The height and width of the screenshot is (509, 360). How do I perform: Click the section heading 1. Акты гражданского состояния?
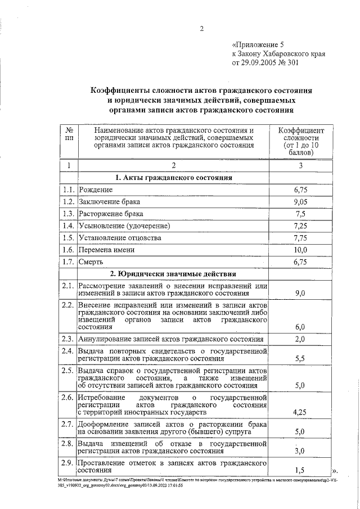(173, 178)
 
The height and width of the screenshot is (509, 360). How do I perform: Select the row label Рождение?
(96, 190)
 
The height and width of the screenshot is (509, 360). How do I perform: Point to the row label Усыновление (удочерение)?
(124, 226)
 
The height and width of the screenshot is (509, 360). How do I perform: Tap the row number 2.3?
(69, 339)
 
